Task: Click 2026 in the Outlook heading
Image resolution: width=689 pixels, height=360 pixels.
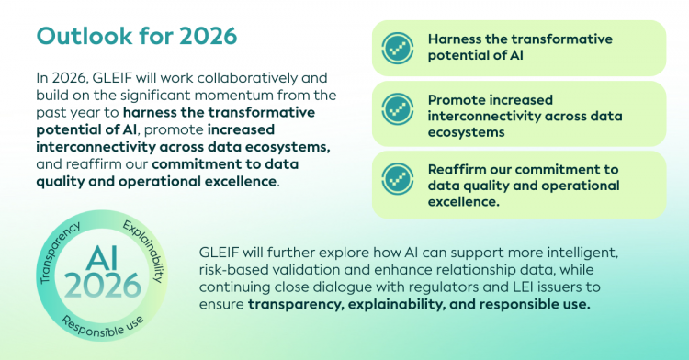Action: click(x=209, y=36)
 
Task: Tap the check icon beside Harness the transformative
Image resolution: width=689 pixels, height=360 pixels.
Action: click(x=397, y=49)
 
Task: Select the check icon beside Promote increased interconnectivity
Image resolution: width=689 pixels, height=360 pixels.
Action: click(x=397, y=109)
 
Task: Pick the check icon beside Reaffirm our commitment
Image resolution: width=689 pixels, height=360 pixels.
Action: click(x=397, y=179)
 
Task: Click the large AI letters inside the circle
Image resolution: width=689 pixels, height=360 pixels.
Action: click(x=102, y=258)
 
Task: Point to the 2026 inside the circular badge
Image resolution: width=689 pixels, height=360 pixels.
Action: click(x=102, y=286)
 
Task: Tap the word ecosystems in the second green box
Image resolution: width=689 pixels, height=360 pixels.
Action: click(x=466, y=132)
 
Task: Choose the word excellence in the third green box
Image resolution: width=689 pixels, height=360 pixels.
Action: click(x=464, y=201)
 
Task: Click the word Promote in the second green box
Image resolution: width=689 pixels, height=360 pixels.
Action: click(x=456, y=100)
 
